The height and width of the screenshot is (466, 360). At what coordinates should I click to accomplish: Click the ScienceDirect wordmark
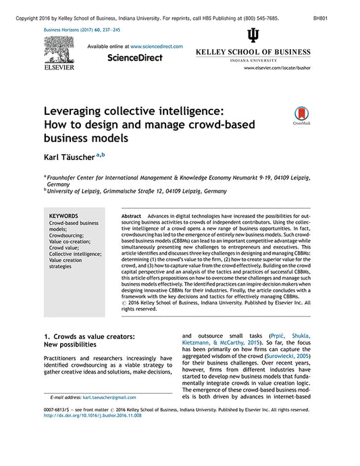pyautogui.click(x=135, y=58)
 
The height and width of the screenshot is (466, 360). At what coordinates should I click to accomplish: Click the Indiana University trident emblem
pyautogui.click(x=253, y=36)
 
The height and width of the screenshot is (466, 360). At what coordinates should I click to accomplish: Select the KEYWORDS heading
pyautogui.click(x=64, y=216)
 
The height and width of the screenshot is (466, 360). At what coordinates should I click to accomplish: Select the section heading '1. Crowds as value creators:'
pyautogui.click(x=90, y=336)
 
